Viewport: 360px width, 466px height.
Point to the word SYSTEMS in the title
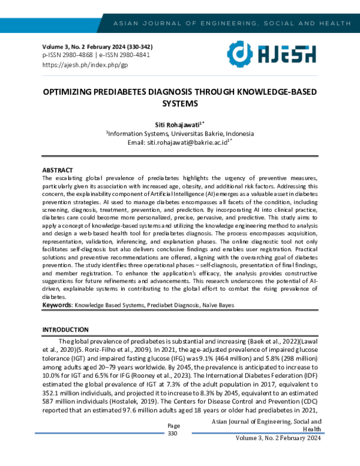[x=180, y=103]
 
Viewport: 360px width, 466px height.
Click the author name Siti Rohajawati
[x=178, y=124]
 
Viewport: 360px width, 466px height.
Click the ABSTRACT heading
[x=57, y=171]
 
